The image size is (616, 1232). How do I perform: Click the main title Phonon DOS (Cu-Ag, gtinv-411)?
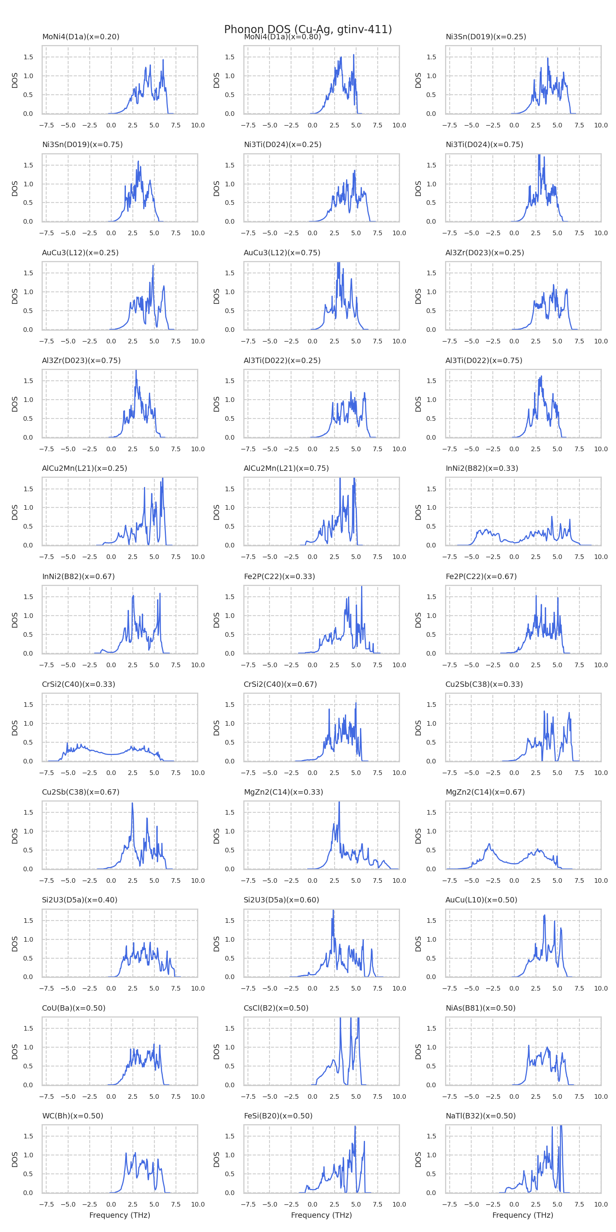point(308,30)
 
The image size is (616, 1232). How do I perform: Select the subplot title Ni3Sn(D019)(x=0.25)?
point(485,37)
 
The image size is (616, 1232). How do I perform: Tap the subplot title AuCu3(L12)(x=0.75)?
point(282,253)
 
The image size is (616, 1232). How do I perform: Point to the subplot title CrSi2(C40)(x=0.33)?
point(79,685)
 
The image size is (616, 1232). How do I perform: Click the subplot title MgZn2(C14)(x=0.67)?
point(485,792)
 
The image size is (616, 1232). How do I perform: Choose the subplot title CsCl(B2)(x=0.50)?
point(276,1008)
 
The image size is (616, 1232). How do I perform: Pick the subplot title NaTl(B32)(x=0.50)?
point(480,1116)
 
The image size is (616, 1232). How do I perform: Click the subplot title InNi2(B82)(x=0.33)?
point(482,468)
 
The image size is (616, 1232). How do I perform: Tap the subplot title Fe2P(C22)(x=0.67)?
point(481,576)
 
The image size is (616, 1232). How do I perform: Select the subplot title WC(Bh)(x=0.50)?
point(73,1116)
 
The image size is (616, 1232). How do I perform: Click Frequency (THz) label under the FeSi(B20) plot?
point(321,1215)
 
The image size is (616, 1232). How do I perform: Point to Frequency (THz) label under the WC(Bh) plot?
point(120,1215)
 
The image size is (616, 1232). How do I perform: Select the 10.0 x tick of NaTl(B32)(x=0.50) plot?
point(601,1204)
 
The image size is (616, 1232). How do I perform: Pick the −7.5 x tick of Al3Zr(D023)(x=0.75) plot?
point(46,449)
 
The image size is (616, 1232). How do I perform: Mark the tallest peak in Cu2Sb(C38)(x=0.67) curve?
point(132,803)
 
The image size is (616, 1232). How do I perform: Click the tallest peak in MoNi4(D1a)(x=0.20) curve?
point(163,60)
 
